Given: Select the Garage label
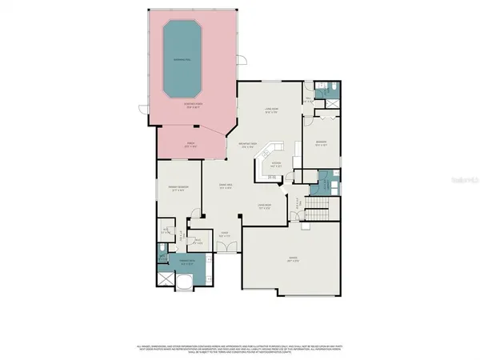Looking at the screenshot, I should tap(293, 258).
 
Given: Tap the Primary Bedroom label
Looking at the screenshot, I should tap(178, 189).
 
